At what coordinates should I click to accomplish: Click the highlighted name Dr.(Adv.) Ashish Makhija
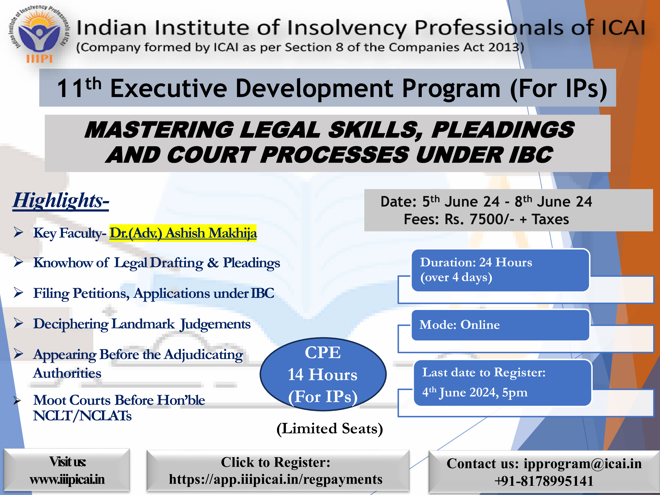tap(183, 233)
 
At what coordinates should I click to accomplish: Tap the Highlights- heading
tap(61, 200)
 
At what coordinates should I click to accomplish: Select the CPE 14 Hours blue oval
tap(323, 374)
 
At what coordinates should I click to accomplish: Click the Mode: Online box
tap(500, 325)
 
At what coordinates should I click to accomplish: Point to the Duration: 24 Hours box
tap(500, 270)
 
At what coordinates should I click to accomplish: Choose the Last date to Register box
tap(502, 383)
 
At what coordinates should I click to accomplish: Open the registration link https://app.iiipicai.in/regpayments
tap(276, 479)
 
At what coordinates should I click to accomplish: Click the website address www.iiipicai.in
tap(67, 479)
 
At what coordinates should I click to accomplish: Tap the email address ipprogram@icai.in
tap(583, 464)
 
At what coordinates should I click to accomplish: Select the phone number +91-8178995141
tap(544, 481)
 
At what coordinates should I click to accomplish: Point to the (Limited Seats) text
tap(330, 429)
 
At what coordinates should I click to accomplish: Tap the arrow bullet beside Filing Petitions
tap(18, 293)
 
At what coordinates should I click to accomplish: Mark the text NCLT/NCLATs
tap(82, 416)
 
